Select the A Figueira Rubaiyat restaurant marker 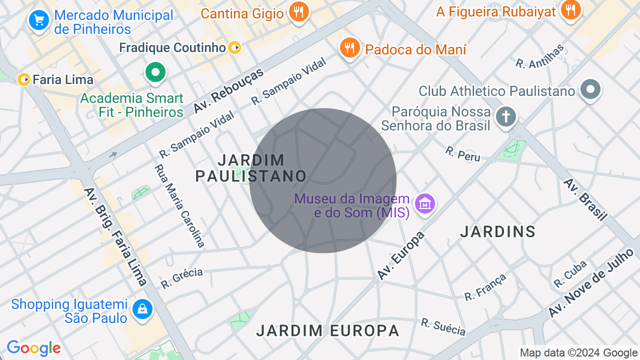[x=570, y=9]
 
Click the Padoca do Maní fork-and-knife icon [x=349, y=48]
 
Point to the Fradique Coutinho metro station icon [x=235, y=48]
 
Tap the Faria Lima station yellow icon [x=23, y=79]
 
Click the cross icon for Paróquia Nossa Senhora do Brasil [x=505, y=117]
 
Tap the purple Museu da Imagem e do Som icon [x=425, y=204]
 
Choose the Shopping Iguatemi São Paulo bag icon [x=142, y=309]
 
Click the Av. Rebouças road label [x=228, y=91]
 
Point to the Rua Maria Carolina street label [x=180, y=206]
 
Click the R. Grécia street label [x=182, y=278]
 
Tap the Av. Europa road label [x=400, y=255]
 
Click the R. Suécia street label [x=443, y=327]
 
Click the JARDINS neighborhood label [x=497, y=231]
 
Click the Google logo [x=34, y=348]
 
